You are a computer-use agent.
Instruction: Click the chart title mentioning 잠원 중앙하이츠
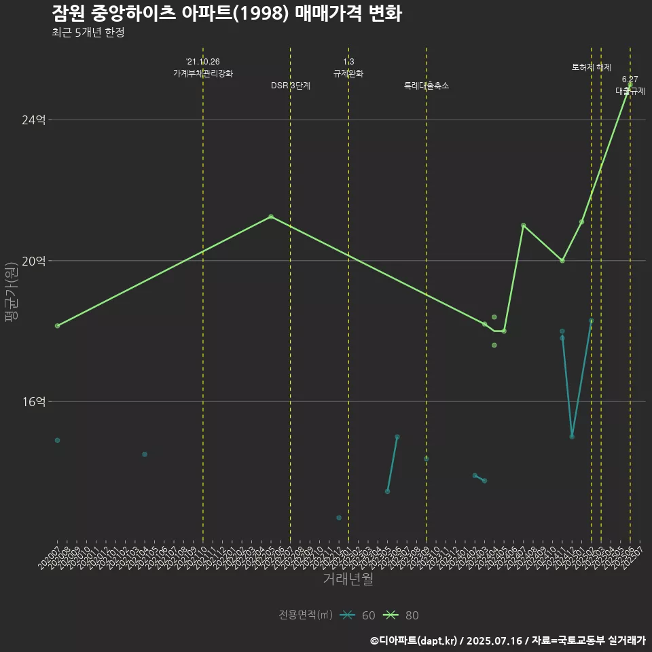click(226, 14)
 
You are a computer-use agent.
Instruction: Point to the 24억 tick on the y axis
click(34, 120)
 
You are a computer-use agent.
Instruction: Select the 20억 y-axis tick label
click(34, 261)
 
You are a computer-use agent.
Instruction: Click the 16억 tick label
click(34, 401)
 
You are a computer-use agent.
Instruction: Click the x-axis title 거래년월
click(348, 579)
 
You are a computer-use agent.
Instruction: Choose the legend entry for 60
click(360, 615)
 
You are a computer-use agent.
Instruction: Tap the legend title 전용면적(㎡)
click(305, 615)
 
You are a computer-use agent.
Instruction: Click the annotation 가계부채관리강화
click(203, 73)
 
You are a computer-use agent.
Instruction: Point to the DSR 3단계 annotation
click(291, 86)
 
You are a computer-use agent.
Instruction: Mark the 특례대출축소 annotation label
click(427, 86)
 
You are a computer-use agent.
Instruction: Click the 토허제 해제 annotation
click(592, 67)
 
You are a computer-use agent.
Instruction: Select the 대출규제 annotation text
click(630, 90)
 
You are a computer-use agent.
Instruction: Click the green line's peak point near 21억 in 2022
click(271, 216)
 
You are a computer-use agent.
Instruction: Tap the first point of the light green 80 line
click(58, 326)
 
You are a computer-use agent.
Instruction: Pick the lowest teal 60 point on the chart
click(339, 518)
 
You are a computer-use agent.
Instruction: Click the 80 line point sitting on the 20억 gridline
click(562, 261)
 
